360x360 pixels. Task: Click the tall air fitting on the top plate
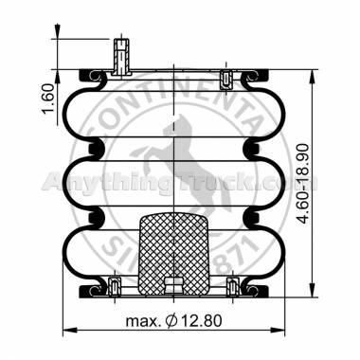click(x=119, y=59)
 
